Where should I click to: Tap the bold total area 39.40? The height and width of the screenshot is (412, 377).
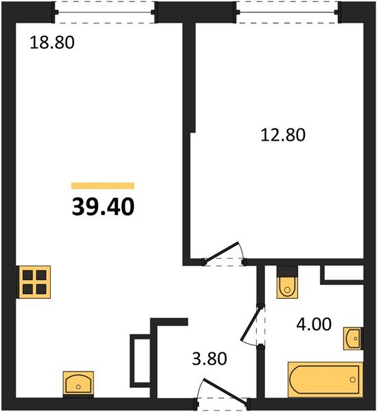coord(103,205)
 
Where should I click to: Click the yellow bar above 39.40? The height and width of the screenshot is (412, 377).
coord(103,185)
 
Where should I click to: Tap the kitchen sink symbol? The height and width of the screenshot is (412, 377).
coord(78,382)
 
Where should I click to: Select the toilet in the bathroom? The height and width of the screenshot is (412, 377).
coord(286,284)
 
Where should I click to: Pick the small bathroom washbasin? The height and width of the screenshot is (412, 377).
coord(352,337)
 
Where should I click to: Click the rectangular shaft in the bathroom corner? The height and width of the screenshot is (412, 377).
coord(342,273)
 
